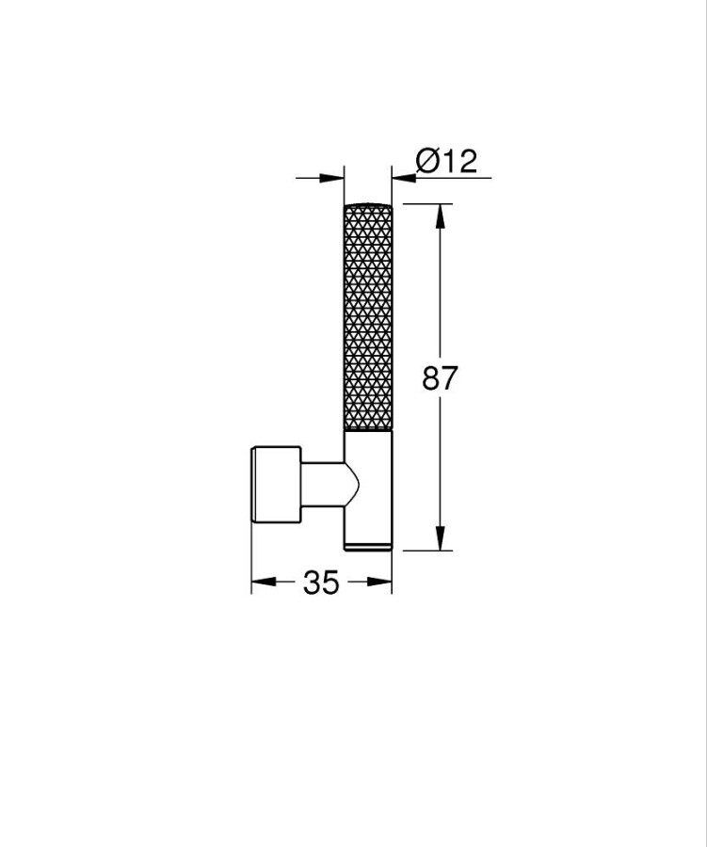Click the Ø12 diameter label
tap(446, 161)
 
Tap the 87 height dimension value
tap(440, 377)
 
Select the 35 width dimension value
tap(321, 583)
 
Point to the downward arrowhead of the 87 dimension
tap(441, 538)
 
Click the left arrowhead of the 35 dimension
tap(264, 582)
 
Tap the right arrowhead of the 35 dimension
tap(379, 582)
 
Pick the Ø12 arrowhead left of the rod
tap(332, 177)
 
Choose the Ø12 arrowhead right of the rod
tap(404, 177)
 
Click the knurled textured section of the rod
tap(368, 319)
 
